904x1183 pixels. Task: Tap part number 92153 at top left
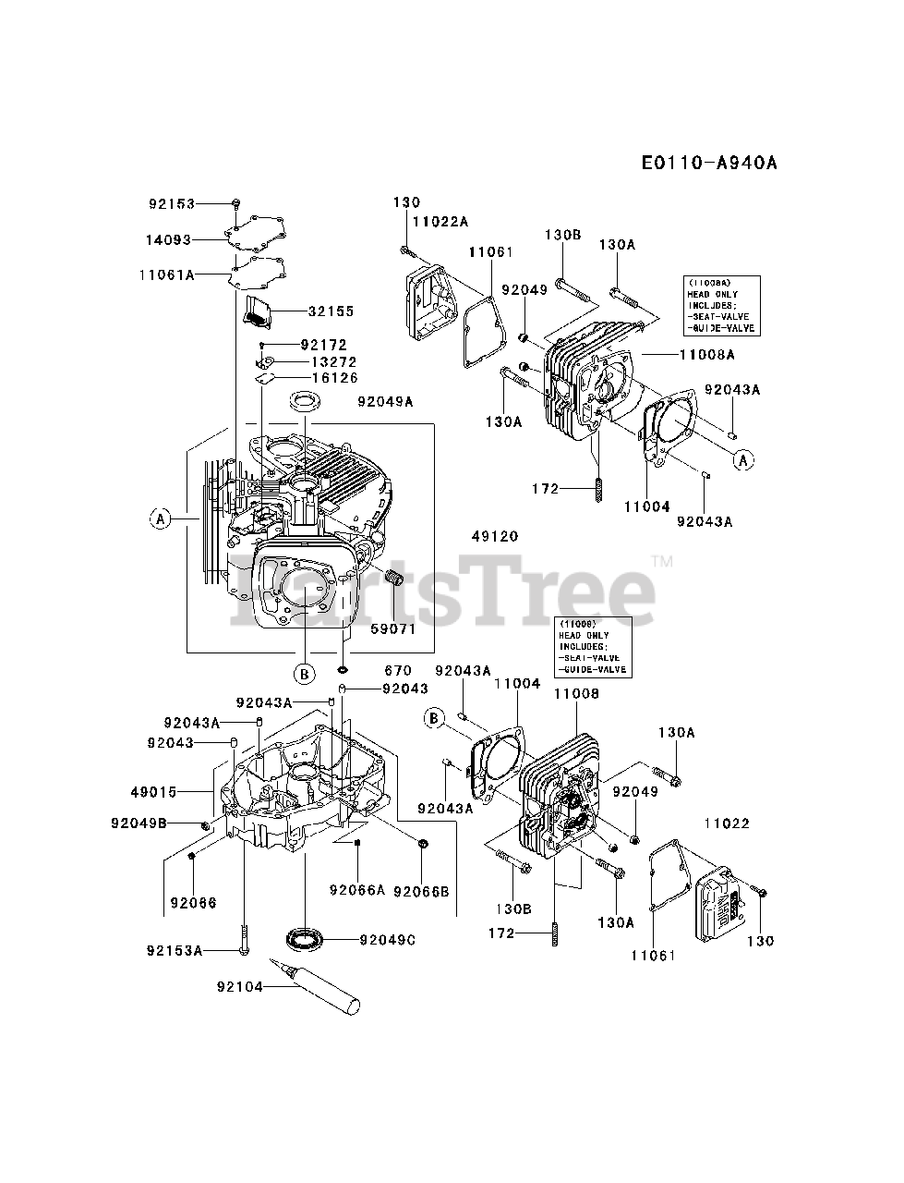pyautogui.click(x=172, y=203)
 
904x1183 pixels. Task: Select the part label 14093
pyautogui.click(x=167, y=239)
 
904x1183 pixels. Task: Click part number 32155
pyautogui.click(x=331, y=311)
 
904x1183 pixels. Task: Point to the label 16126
pyautogui.click(x=335, y=378)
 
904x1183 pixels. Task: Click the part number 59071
pyautogui.click(x=394, y=629)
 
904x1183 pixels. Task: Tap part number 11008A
pyautogui.click(x=707, y=354)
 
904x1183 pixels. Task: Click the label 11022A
pyautogui.click(x=440, y=221)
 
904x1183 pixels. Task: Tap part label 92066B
pyautogui.click(x=421, y=891)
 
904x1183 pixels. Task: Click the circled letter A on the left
pyautogui.click(x=161, y=520)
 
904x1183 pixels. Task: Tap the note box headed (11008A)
pyautogui.click(x=721, y=305)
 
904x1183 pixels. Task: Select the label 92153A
pyautogui.click(x=175, y=950)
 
